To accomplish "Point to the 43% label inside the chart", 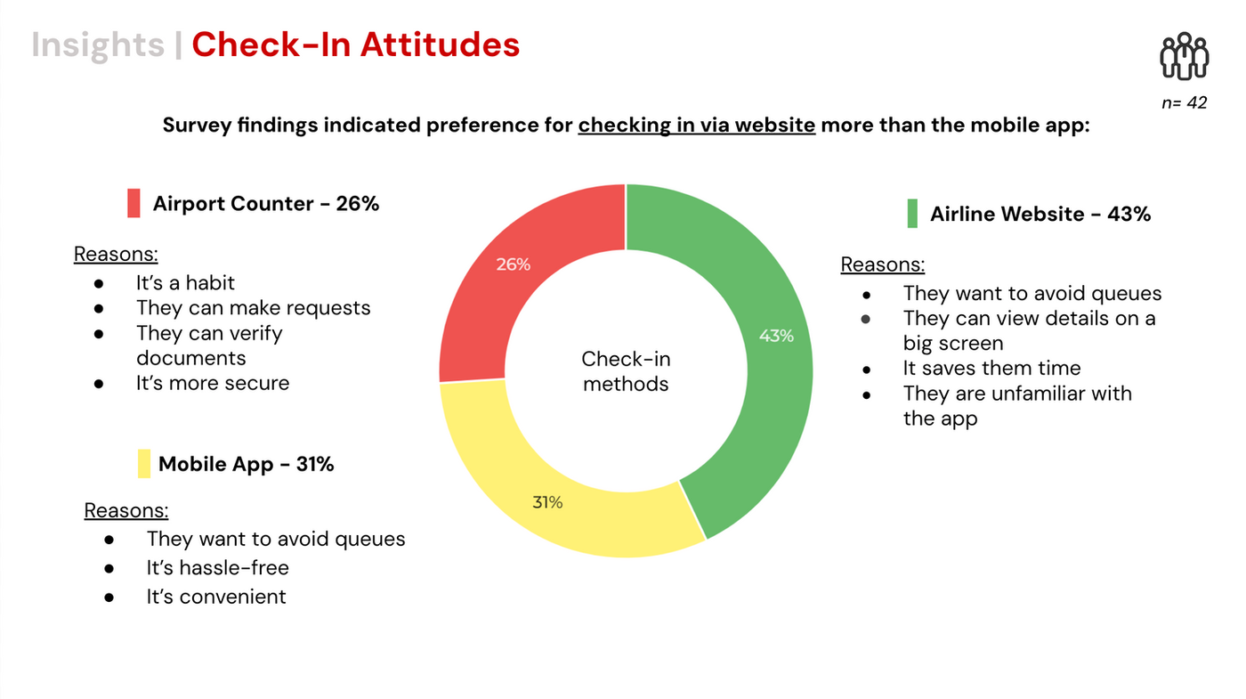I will click(776, 336).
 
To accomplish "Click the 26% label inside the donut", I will click(514, 264).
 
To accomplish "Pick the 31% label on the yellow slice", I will click(547, 502).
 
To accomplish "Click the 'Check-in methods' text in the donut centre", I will click(626, 371).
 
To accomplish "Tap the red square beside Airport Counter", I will click(133, 203).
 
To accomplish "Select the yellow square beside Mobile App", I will click(144, 464).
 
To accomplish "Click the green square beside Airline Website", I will click(912, 214).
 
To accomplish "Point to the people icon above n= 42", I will click(1184, 57).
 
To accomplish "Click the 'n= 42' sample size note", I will click(1184, 102).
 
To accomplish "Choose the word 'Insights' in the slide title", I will click(98, 45).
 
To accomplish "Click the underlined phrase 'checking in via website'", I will click(696, 125).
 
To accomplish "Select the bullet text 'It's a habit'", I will click(185, 283).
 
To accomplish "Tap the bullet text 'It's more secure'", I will click(213, 383).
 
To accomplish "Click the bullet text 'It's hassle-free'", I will click(218, 567).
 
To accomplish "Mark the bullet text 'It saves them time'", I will click(991, 368).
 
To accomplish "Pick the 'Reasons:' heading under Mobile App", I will click(126, 510).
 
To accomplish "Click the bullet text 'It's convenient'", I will click(216, 596).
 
